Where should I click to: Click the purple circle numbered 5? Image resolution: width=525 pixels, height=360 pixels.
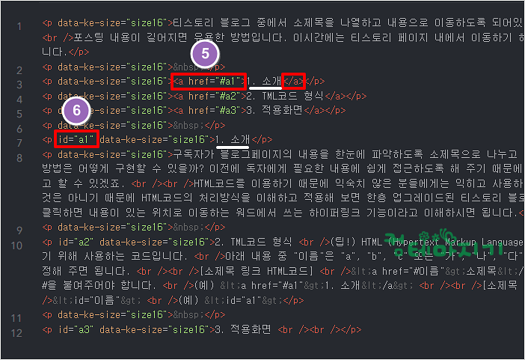[206, 54]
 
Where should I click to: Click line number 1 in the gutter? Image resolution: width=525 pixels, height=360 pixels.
[18, 27]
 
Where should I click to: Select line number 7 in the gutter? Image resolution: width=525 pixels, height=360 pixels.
[18, 139]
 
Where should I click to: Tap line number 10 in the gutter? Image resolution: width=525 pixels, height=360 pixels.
[17, 245]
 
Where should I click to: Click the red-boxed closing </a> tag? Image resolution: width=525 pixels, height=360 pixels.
[295, 81]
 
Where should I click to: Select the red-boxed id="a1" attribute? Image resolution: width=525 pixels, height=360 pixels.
[75, 139]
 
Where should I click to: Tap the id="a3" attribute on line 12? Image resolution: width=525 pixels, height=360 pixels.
[75, 329]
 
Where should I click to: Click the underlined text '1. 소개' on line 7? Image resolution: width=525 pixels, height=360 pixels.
[233, 139]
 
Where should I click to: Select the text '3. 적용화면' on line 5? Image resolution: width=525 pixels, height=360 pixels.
[277, 110]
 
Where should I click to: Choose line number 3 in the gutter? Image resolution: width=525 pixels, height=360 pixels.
[18, 81]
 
